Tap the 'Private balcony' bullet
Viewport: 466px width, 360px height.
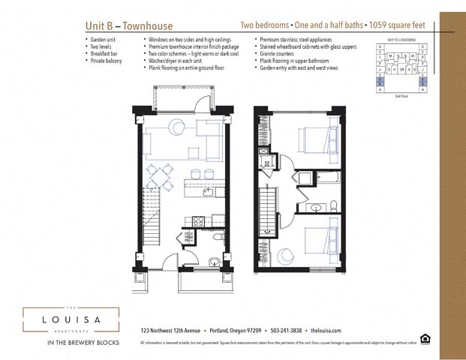(107, 58)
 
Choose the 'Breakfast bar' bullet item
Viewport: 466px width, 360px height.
(106, 52)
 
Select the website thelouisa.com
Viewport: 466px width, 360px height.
(326, 330)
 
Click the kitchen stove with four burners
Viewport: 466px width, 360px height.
(199, 220)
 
